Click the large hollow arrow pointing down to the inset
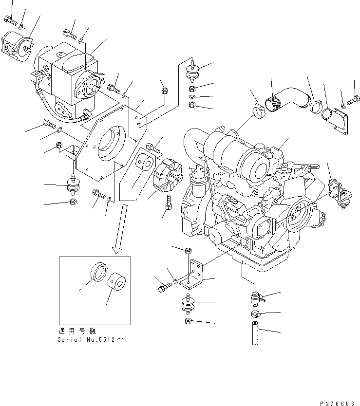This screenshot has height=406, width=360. tap(118, 229)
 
